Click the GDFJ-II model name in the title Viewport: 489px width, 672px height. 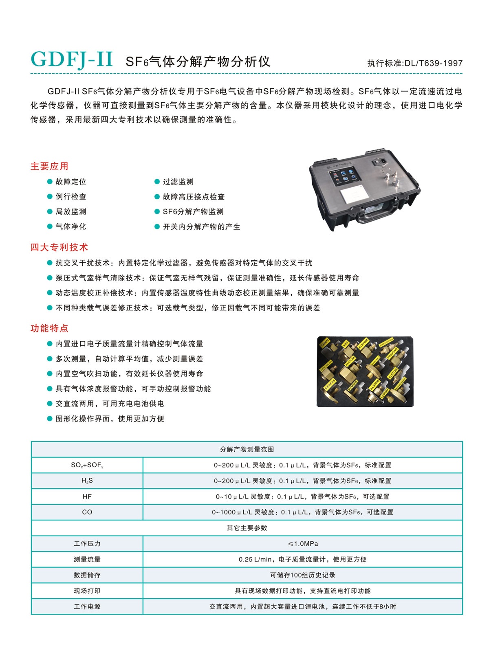click(x=72, y=59)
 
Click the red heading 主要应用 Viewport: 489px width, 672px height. click(x=49, y=166)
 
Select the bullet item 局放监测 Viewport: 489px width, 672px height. click(x=70, y=211)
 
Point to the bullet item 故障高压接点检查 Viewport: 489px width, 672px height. click(x=194, y=197)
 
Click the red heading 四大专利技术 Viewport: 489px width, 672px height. click(x=59, y=247)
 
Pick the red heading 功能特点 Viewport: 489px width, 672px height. click(x=49, y=328)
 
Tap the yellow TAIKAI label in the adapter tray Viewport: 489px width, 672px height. click(x=325, y=343)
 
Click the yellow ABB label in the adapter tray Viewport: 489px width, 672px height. click(x=346, y=344)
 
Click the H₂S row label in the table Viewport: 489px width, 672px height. click(x=87, y=481)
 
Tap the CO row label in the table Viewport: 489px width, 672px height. click(x=87, y=512)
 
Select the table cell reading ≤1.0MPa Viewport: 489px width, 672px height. click(x=303, y=543)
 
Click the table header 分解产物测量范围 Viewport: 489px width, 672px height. click(x=247, y=449)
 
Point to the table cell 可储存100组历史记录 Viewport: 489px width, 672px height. click(x=303, y=575)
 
